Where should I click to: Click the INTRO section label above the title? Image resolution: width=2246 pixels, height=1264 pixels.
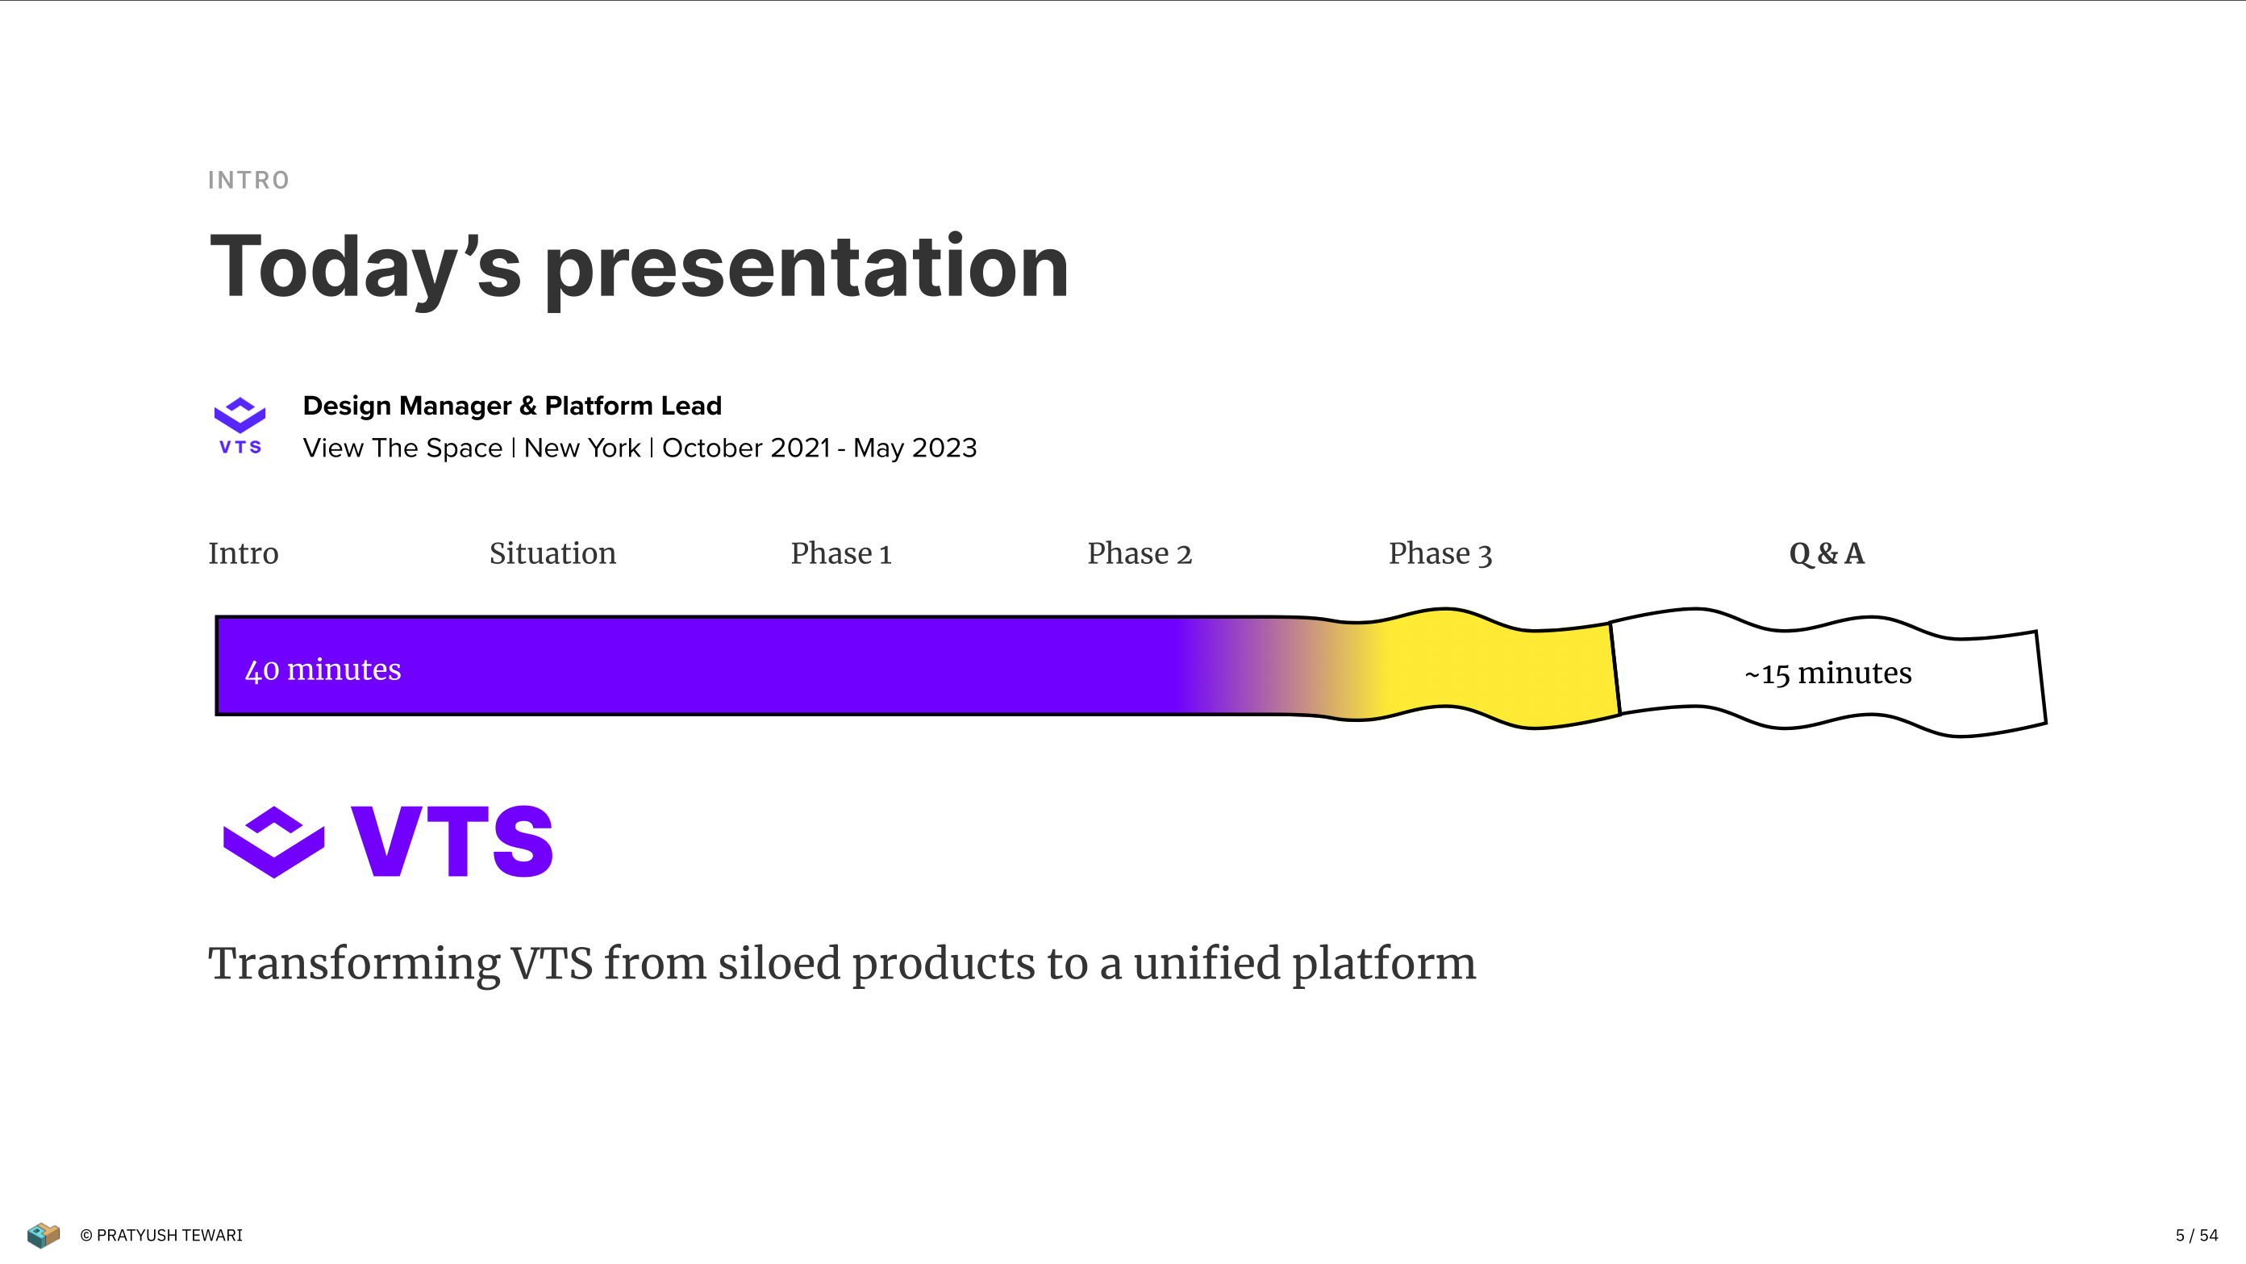(248, 181)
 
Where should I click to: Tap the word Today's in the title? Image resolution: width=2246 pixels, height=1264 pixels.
(366, 269)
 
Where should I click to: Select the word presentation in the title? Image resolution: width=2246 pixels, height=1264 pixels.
(806, 269)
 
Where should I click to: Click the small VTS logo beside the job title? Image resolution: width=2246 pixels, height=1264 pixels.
(240, 426)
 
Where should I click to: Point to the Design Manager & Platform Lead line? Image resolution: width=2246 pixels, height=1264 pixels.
(512, 406)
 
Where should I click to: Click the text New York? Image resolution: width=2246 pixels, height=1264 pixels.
(582, 448)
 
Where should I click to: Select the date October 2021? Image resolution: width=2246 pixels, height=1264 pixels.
(746, 448)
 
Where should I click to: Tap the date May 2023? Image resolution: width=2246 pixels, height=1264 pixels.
(915, 448)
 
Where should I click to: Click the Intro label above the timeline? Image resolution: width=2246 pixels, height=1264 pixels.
(244, 554)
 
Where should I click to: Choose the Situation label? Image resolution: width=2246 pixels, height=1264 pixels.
(552, 554)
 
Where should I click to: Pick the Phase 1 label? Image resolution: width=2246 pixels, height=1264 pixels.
(841, 554)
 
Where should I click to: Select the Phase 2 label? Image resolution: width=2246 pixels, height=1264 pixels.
(1140, 554)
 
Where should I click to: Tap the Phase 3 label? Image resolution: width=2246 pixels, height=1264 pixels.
(1440, 554)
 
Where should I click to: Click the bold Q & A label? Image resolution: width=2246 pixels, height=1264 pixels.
(1827, 554)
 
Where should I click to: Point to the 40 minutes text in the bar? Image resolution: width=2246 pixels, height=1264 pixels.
(323, 670)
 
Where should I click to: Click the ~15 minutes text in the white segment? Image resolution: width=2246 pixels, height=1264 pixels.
(1828, 674)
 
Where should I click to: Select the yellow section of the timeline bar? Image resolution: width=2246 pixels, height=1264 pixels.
(1500, 668)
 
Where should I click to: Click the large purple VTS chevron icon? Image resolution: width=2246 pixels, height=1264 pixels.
(273, 842)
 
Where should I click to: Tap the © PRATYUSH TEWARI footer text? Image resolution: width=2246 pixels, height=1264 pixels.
(161, 1235)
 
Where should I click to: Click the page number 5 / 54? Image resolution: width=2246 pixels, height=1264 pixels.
(2196, 1235)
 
